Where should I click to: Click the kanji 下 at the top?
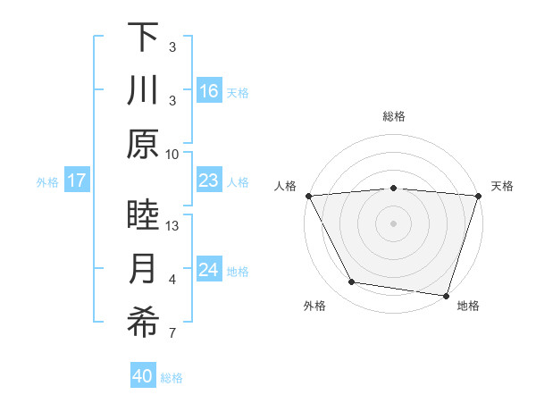[x=143, y=37]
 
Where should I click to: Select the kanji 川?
[x=143, y=90]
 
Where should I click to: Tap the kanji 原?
[x=143, y=144]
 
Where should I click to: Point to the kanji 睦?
[x=143, y=215]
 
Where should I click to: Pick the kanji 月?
[x=143, y=269]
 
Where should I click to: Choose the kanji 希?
[x=143, y=323]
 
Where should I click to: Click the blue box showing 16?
[x=208, y=91]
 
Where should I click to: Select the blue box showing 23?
[x=208, y=181]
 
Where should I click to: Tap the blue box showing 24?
[x=208, y=270]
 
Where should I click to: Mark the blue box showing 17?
[x=76, y=181]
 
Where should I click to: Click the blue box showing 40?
[x=143, y=376]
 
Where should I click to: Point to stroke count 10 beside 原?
[x=172, y=154]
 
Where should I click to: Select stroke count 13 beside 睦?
[x=172, y=226]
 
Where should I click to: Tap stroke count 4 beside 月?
[x=172, y=280]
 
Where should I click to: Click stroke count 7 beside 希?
[x=172, y=334]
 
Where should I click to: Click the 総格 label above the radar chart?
[x=393, y=116]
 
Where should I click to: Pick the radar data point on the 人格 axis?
[x=308, y=196]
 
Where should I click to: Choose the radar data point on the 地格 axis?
[x=445, y=295]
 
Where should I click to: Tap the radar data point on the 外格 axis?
[x=352, y=282]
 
